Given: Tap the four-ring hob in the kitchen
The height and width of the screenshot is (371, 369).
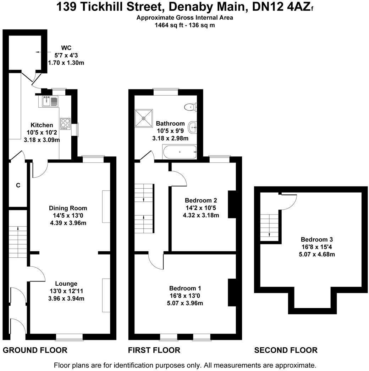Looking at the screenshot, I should [x=65, y=123].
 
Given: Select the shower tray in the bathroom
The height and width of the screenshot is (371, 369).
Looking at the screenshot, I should [x=143, y=118].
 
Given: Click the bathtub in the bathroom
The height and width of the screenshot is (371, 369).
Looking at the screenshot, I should [x=179, y=152].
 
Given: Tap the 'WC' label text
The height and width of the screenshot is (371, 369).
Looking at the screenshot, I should [x=66, y=48].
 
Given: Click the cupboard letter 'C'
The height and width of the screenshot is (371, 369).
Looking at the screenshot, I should [x=18, y=185].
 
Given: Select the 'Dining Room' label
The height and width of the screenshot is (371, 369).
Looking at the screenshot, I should [x=68, y=208].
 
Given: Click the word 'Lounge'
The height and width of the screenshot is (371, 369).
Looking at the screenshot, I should [x=66, y=284].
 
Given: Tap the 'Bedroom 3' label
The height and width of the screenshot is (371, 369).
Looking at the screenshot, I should [x=316, y=239].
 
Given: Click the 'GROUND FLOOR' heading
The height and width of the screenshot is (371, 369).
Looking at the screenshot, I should [x=35, y=350].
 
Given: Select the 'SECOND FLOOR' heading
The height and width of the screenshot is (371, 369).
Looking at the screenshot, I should [x=286, y=350].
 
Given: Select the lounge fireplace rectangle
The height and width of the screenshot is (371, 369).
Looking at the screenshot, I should [x=106, y=295].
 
